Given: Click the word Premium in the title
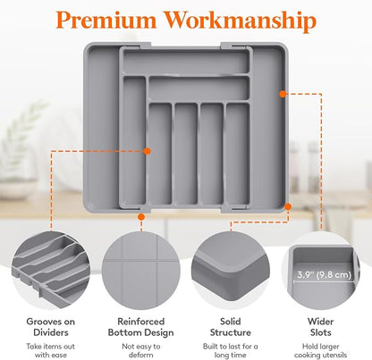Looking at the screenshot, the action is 106,20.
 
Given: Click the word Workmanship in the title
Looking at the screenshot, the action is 241,21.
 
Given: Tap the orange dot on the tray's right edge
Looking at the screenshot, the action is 283,94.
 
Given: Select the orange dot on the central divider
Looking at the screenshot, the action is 147,151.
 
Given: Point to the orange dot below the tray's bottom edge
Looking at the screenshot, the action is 141,216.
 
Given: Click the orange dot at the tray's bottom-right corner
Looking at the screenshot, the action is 288,206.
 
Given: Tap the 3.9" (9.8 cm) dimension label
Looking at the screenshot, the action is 324,274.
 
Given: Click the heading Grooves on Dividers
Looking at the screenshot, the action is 51,327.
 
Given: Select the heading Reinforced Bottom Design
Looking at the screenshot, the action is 140,327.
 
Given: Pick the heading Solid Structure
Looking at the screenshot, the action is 231,327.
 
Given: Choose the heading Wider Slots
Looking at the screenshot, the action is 320,327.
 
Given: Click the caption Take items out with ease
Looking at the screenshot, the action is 51,350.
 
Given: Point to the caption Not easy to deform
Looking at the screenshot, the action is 140,350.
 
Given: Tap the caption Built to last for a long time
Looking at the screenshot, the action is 231,350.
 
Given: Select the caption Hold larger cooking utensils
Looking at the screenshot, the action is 320,350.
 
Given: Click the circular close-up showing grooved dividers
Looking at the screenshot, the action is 51,271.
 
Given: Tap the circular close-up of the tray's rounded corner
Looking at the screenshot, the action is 231,271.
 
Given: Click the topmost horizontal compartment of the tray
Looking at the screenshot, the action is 186,62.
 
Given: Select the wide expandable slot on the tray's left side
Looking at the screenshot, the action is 101,128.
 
